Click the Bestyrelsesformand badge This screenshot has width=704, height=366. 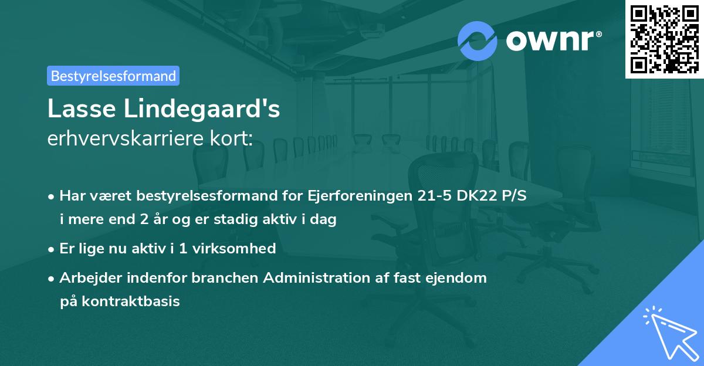(x=113, y=76)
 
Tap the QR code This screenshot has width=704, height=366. (x=664, y=39)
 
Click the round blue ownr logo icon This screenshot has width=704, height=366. (x=478, y=40)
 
